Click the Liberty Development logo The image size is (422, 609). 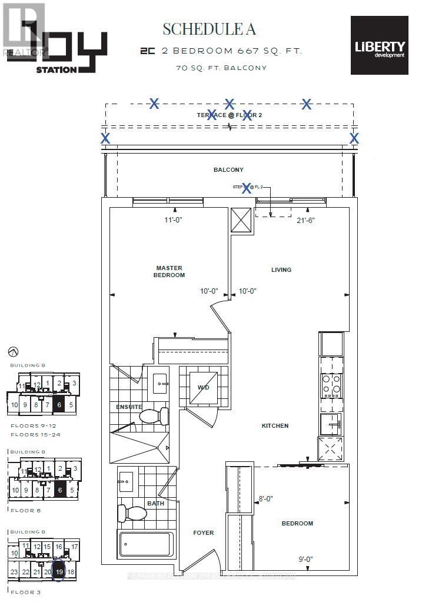tap(379, 45)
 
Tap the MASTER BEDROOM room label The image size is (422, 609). tap(170, 271)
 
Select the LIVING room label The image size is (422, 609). tap(281, 270)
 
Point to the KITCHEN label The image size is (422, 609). tap(275, 425)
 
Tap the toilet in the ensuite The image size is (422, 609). tap(154, 416)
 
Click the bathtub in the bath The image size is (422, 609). tap(146, 545)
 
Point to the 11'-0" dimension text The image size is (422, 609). tap(174, 221)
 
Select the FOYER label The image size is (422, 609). tap(203, 533)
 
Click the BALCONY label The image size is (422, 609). tap(228, 170)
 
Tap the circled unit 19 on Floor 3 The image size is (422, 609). tap(58, 571)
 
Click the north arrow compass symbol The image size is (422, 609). tap(14, 351)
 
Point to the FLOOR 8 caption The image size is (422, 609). tap(26, 510)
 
